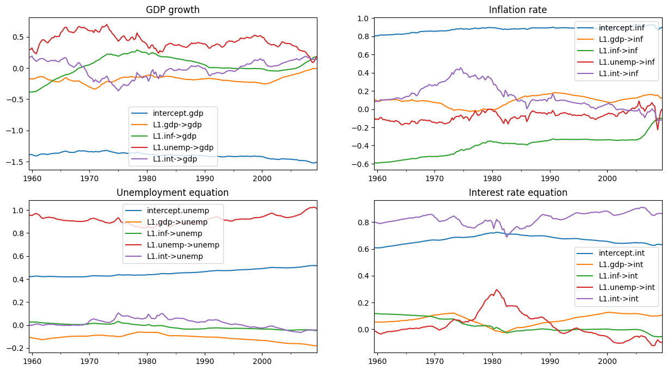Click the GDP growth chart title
[x=173, y=10]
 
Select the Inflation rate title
[x=518, y=10]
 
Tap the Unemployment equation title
[x=173, y=193]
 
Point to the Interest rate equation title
[x=518, y=193]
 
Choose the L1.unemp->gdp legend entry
[x=183, y=147]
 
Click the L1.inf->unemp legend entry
[x=174, y=233]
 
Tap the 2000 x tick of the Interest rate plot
[x=607, y=361]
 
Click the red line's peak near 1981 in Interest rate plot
[x=496, y=289]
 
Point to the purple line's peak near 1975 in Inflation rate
[x=461, y=68]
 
